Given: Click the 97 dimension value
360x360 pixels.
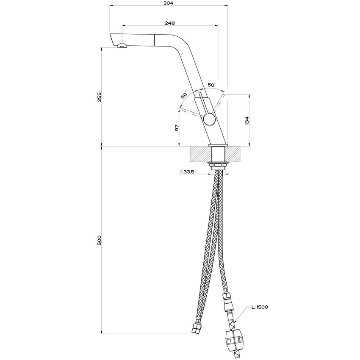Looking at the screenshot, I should coord(177,127).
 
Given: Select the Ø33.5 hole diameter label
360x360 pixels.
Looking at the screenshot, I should coord(187,172).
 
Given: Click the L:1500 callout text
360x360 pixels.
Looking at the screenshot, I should coord(259,307).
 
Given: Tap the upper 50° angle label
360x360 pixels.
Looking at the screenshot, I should coord(212,85).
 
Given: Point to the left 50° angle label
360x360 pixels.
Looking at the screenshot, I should coord(184,95).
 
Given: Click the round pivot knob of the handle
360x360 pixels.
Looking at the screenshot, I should coord(208,119).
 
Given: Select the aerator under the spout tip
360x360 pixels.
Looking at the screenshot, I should coord(122,46).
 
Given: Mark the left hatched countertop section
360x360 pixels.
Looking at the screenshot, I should coord(200,154).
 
